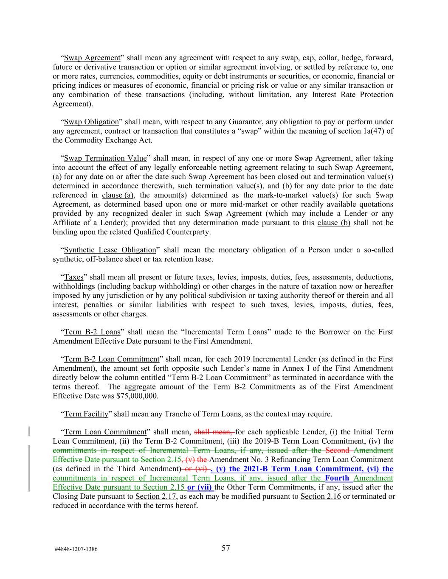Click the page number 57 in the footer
pyautogui.click(x=225, y=548)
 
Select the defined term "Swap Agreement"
pyautogui.click(x=92, y=58)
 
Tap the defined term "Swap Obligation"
pyautogui.click(x=91, y=122)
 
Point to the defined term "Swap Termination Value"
pyautogui.click(x=105, y=158)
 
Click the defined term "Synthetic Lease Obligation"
pyautogui.click(x=110, y=250)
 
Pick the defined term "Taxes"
pyautogui.click(x=73, y=277)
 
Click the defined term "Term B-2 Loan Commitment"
pyautogui.click(x=111, y=359)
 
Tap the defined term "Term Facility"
pyautogui.click(x=86, y=414)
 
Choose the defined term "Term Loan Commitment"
pyautogui.click(x=105, y=432)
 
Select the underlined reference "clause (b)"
pyautogui.click(x=333, y=223)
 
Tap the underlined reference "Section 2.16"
pyautogui.click(x=320, y=496)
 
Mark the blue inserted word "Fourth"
pyautogui.click(x=337, y=478)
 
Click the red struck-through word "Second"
pyautogui.click(x=337, y=450)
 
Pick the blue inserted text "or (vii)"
pyautogui.click(x=200, y=487)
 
